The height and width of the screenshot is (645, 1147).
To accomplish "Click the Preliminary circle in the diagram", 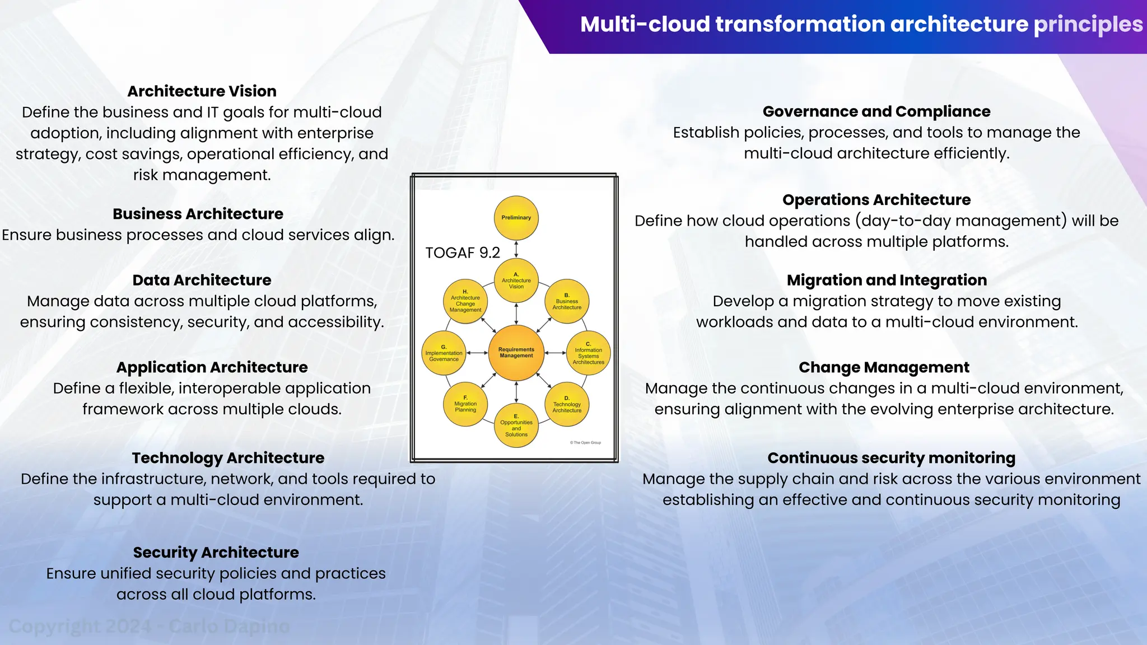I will pyautogui.click(x=516, y=218).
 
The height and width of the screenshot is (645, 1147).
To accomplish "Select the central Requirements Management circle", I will pyautogui.click(x=516, y=353).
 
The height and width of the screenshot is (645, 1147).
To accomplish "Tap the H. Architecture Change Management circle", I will pyautogui.click(x=465, y=301).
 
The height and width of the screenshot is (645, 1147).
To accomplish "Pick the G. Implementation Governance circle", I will pyautogui.click(x=444, y=353).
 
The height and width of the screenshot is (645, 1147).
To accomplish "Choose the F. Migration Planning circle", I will pyautogui.click(x=465, y=404).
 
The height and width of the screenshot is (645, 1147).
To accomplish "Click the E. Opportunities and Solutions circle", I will pyautogui.click(x=516, y=426).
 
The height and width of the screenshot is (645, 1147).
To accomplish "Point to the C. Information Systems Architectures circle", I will pyautogui.click(x=588, y=353).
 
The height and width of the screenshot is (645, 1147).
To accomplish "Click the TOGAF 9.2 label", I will pyautogui.click(x=463, y=253).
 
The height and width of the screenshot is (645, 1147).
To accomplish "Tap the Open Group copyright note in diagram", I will pyautogui.click(x=585, y=443).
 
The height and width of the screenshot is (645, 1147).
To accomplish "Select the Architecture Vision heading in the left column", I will pyautogui.click(x=202, y=91).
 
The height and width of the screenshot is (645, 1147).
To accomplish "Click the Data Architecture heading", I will pyautogui.click(x=202, y=280).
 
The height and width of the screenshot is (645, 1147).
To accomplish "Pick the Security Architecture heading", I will pyautogui.click(x=216, y=553).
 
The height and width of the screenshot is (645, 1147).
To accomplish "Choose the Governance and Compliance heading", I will pyautogui.click(x=876, y=111).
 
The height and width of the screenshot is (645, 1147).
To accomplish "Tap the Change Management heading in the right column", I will pyautogui.click(x=884, y=367).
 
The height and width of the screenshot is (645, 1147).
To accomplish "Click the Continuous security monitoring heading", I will pyautogui.click(x=891, y=458).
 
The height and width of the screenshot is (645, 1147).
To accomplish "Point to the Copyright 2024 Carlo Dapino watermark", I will pyautogui.click(x=149, y=627).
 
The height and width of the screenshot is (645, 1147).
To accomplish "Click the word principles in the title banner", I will pyautogui.click(x=1088, y=25).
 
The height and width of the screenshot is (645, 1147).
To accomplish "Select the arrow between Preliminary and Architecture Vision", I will pyautogui.click(x=516, y=249).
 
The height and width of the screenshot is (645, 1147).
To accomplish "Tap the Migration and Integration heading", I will pyautogui.click(x=887, y=280).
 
